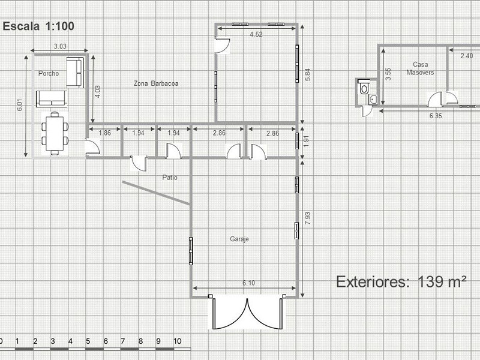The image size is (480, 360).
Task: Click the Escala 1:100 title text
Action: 38,26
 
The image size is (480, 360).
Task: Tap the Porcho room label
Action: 49,73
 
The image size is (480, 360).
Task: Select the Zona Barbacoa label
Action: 156,83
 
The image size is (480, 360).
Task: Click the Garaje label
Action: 239,239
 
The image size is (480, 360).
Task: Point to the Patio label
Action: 170,177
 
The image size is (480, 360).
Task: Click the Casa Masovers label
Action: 420,68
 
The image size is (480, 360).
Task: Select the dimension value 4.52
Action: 256,34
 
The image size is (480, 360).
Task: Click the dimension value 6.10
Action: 248,283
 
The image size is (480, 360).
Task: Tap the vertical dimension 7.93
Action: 308,218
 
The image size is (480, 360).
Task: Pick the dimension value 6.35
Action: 436,116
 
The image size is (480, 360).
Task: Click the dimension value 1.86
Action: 104,133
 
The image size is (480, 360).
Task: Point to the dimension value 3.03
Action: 60,46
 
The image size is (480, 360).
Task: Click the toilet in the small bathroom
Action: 364,87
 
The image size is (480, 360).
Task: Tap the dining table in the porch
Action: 55,133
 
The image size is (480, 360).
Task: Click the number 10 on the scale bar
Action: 178,341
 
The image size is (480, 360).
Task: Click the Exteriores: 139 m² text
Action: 401,282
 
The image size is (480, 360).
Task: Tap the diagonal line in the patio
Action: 157,193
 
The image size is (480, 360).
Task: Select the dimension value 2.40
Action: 467,56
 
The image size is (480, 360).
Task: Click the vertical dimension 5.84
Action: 308,74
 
